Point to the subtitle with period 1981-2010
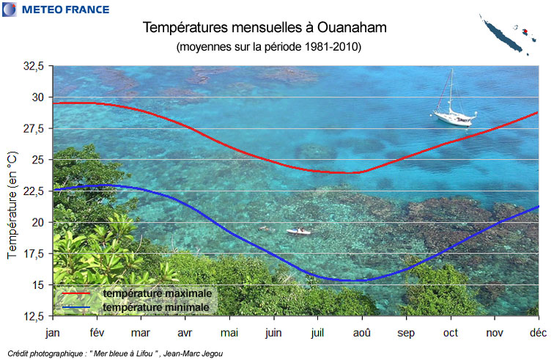point(269,46)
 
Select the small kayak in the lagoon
point(298,232)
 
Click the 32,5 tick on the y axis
point(34,66)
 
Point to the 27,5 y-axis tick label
point(34,128)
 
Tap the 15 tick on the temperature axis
point(38,284)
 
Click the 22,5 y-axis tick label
point(34,191)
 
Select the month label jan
point(53,332)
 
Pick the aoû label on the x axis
point(362,332)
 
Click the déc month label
point(539,332)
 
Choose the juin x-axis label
point(273,332)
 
